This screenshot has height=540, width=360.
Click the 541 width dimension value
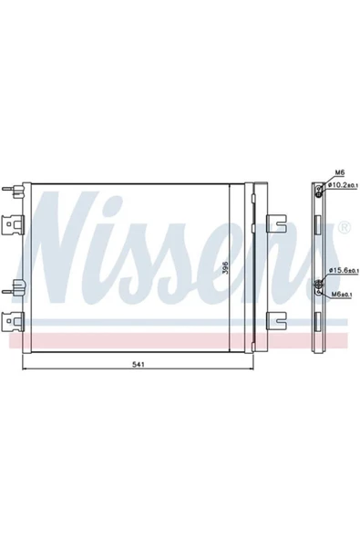click(x=138, y=365)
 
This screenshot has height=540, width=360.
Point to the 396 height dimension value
click(x=225, y=267)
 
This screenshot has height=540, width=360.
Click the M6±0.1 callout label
click(x=342, y=294)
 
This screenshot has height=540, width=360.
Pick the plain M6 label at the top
click(x=340, y=172)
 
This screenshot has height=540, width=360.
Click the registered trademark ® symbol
click(x=345, y=227)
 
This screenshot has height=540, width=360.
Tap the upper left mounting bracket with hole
click(x=13, y=224)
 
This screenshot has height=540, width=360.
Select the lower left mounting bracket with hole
click(x=13, y=322)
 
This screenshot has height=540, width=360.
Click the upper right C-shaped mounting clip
click(x=276, y=223)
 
